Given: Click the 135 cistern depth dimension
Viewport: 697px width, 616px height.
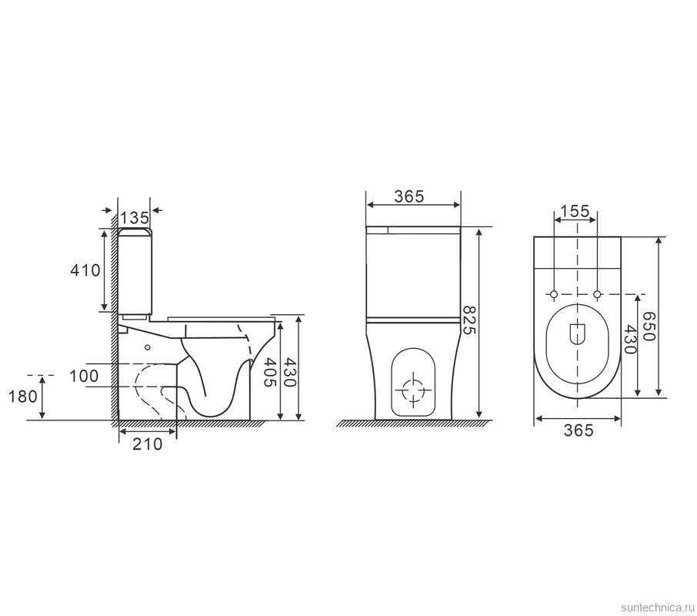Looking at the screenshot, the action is (134, 218).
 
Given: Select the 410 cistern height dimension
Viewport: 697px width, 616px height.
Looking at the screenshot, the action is (85, 270).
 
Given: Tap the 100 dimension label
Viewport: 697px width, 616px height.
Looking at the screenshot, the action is (84, 377).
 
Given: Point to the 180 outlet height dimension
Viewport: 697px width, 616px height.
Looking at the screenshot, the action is (23, 397).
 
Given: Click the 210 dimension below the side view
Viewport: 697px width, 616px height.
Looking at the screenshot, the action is (148, 444).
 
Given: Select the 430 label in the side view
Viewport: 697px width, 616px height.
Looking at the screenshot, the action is (289, 372).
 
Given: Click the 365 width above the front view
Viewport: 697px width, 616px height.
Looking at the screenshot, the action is (409, 196).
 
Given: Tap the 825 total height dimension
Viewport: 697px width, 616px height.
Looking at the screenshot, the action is (469, 320).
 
